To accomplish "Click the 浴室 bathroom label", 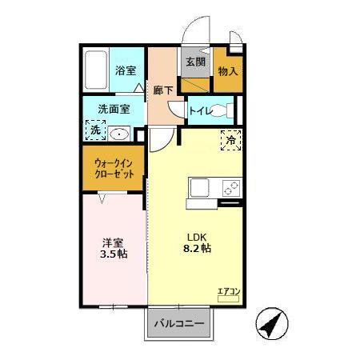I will click(x=124, y=70).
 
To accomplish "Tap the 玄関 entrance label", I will click(x=195, y=61).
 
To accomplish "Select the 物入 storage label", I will click(x=228, y=71).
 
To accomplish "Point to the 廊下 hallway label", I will click(x=163, y=90).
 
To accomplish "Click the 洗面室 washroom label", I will click(x=114, y=109).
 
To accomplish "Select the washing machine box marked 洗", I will click(x=95, y=130).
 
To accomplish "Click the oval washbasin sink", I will click(x=120, y=134).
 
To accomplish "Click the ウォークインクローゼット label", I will click(x=113, y=169).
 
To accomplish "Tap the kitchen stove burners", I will click(x=230, y=189).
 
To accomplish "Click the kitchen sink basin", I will click(x=199, y=189).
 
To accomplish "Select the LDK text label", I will click(x=198, y=237).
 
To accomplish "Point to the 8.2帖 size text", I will click(x=198, y=250).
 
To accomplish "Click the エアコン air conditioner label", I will click(x=227, y=291).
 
